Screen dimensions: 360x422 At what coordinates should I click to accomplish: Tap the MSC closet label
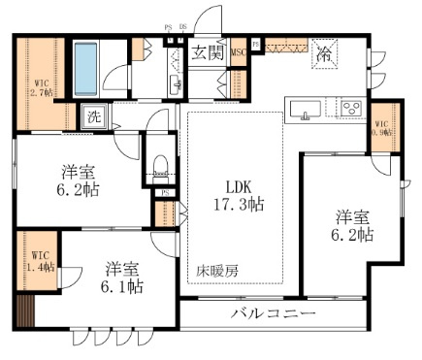point(238,53)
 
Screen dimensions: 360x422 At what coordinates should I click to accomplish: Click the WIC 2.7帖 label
point(41,86)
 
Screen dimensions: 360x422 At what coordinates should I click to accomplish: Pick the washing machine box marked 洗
point(94,116)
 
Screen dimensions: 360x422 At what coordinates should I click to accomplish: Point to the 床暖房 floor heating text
point(219,272)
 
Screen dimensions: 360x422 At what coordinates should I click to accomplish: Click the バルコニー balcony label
point(273,314)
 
